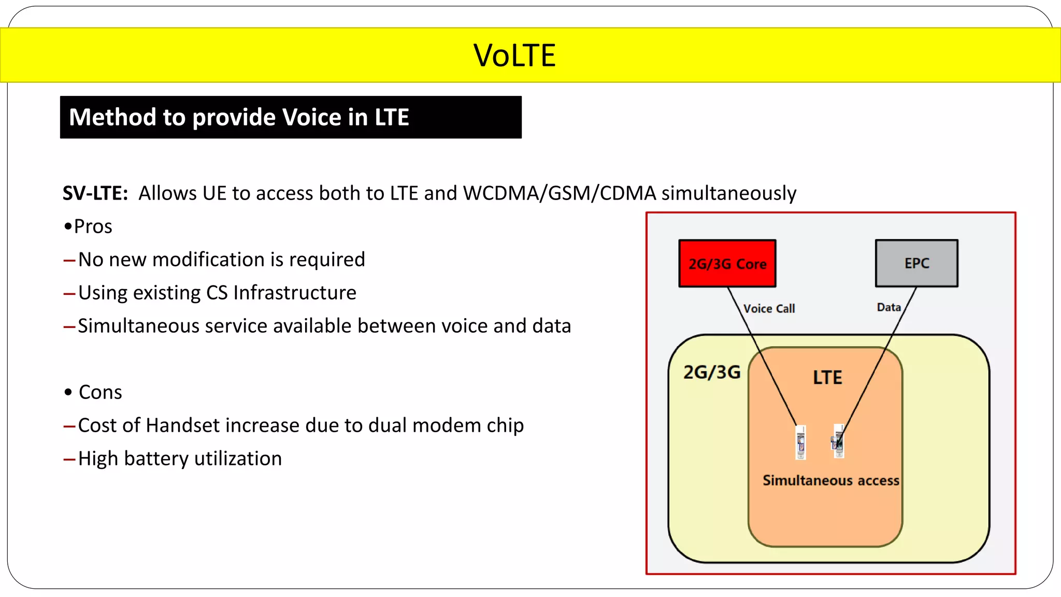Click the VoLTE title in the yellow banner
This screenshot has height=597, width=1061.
[514, 55]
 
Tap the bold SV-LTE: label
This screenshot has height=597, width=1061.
[95, 193]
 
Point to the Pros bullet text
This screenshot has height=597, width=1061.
[93, 226]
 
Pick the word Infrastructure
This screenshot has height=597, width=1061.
[295, 293]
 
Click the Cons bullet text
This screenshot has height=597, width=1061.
[100, 392]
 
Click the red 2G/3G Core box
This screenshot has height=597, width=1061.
[727, 263]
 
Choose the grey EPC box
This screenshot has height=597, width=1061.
[916, 263]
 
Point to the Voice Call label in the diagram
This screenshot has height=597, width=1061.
[769, 308]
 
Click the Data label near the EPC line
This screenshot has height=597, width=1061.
[888, 307]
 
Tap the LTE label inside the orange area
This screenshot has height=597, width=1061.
[827, 377]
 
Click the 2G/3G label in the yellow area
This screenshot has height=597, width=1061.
[712, 372]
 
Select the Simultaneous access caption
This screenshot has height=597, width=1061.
[830, 480]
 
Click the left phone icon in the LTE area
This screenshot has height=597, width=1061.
[801, 442]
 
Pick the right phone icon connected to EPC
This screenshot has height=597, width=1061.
[839, 441]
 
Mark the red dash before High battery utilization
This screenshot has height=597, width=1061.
[69, 459]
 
